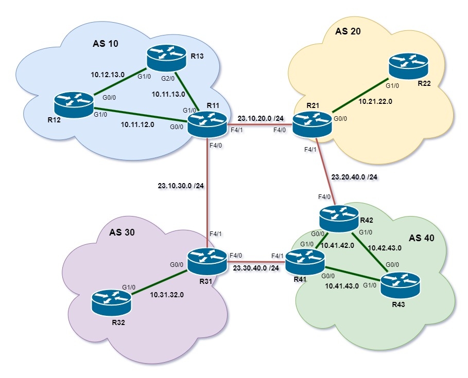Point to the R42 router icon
pyautogui.click(x=339, y=218)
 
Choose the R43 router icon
pyautogui.click(x=400, y=283)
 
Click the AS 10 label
pyautogui.click(x=106, y=43)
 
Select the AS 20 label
pyautogui.click(x=348, y=31)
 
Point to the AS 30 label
pyautogui.click(x=122, y=232)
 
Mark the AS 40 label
pyautogui.click(x=422, y=238)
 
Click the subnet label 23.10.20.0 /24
pyautogui.click(x=260, y=117)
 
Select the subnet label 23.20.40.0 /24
pyautogui.click(x=354, y=176)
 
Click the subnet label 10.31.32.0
pyautogui.click(x=168, y=295)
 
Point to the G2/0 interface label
pyautogui.click(x=169, y=79)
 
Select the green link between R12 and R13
pyautogui.click(x=120, y=82)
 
